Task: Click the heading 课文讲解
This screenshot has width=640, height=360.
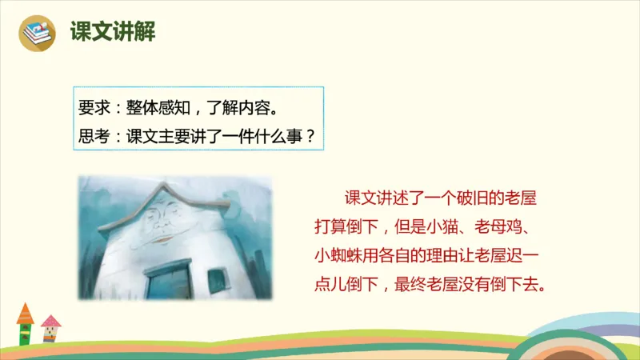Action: pyautogui.click(x=113, y=32)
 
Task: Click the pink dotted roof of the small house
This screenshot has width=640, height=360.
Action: pyautogui.click(x=50, y=322)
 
